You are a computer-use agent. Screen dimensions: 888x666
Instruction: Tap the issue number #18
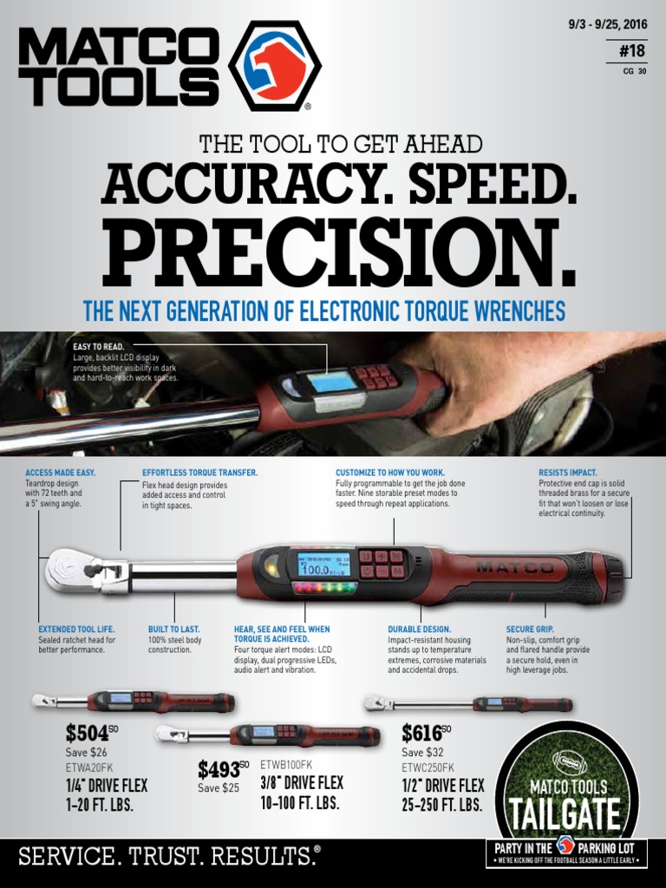pyautogui.click(x=633, y=50)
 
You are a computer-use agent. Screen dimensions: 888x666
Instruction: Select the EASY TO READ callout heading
pyautogui.click(x=99, y=346)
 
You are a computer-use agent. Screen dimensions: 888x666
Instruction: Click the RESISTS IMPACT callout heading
pyautogui.click(x=567, y=473)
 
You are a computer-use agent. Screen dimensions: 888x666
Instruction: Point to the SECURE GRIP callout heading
pyautogui.click(x=529, y=629)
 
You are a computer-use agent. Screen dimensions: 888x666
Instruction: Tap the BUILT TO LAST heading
pyautogui.click(x=174, y=629)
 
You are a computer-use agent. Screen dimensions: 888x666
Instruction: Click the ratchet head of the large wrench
pyautogui.click(x=69, y=570)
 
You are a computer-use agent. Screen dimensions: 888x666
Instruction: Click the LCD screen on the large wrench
pyautogui.click(x=322, y=565)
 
